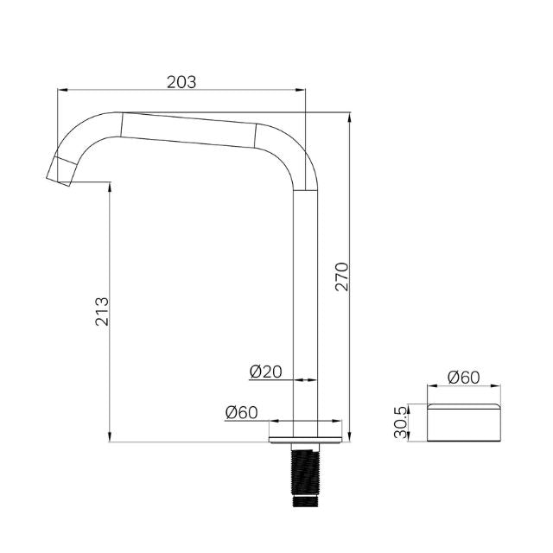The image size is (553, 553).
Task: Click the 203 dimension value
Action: pos(181,81)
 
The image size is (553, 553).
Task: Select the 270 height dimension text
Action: pos(341,276)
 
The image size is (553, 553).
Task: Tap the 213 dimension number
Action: pos(102,312)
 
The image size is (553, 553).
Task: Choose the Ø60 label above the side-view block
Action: pos(463,378)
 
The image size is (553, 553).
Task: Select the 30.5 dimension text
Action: pos(400,423)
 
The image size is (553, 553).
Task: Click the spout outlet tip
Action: pos(58,172)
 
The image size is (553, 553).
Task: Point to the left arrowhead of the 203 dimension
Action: pos(61,89)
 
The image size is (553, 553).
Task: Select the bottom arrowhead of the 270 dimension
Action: pos(348,438)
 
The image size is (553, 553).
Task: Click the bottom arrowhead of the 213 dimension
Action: pos(110,438)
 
